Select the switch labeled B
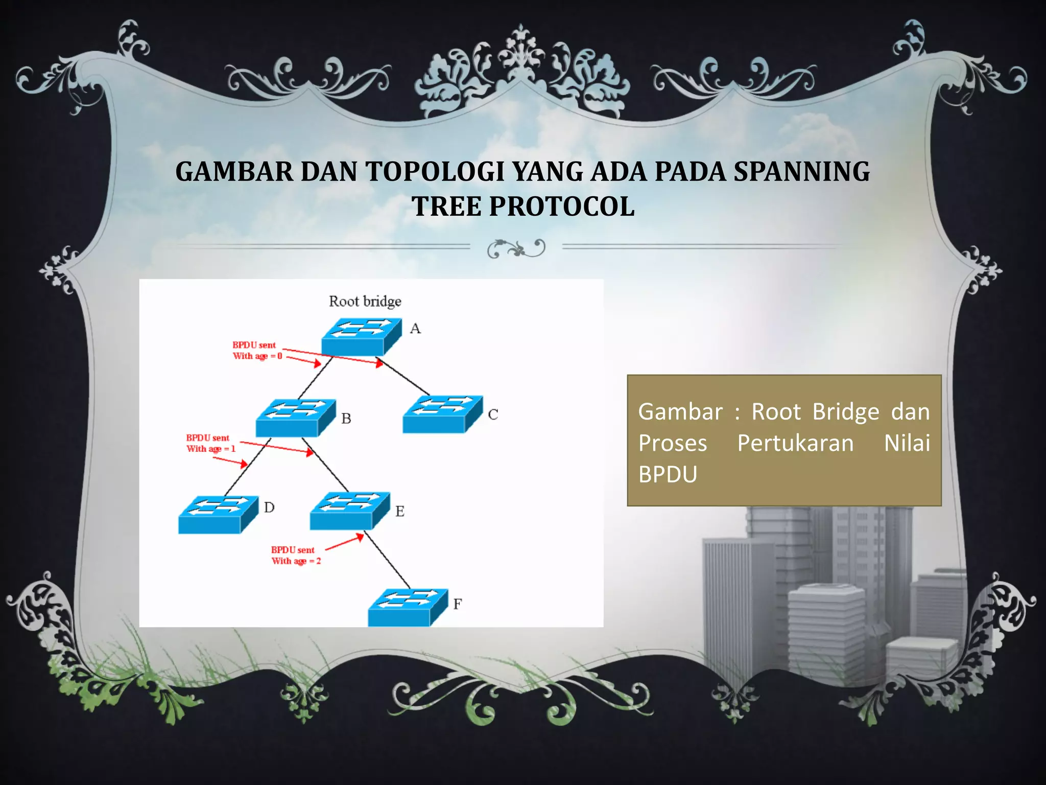click(296, 418)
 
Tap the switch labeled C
click(442, 414)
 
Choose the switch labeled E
click(350, 511)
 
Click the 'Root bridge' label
click(365, 301)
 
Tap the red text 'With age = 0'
click(257, 356)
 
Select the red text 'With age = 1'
click(210, 449)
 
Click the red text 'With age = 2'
click(296, 561)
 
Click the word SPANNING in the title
click(801, 172)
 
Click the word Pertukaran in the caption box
click(795, 443)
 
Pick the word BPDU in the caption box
click(668, 475)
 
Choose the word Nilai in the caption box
click(907, 443)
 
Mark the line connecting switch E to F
click(387, 559)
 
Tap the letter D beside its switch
click(269, 507)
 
